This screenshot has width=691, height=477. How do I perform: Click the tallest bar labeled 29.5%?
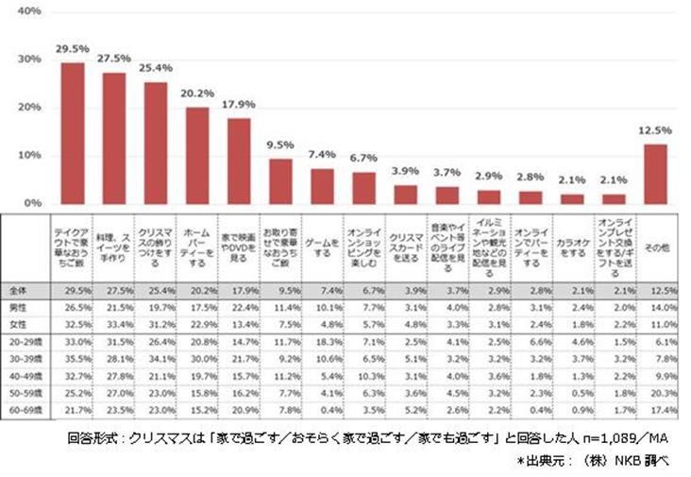pyautogui.click(x=73, y=132)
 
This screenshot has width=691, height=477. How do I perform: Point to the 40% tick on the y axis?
pyautogui.click(x=28, y=11)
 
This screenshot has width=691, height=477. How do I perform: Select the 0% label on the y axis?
pyautogui.click(x=31, y=203)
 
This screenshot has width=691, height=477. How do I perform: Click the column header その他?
pyautogui.click(x=655, y=247)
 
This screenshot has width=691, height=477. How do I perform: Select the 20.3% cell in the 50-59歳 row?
pyautogui.click(x=655, y=391)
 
